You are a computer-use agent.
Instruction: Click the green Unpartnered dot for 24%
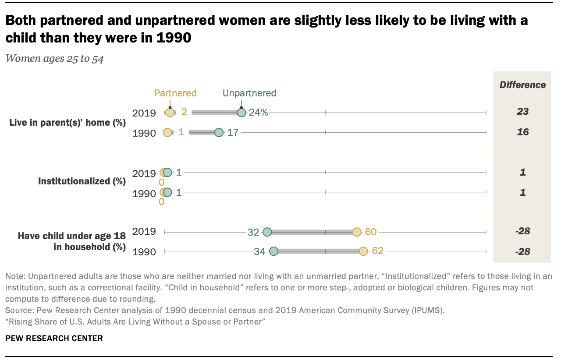tap(241, 113)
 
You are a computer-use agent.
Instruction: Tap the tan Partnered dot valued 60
tap(357, 232)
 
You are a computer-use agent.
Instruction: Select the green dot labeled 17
tap(219, 132)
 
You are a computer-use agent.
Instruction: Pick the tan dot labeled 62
tap(363, 251)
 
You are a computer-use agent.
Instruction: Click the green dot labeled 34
tap(273, 251)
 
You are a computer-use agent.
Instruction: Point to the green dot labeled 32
tap(267, 232)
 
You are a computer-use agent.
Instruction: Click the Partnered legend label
tap(175, 93)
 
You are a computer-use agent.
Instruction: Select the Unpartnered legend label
tap(249, 93)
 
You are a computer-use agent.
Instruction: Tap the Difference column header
tap(522, 85)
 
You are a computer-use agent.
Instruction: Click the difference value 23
tap(522, 112)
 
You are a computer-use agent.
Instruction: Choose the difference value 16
tap(522, 132)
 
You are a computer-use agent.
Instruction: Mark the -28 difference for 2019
tap(522, 231)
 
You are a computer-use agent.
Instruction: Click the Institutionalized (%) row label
tap(82, 181)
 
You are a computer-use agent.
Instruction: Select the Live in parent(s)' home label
tap(67, 123)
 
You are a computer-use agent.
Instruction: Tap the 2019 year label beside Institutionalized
tap(144, 173)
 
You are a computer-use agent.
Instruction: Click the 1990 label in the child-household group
tap(144, 252)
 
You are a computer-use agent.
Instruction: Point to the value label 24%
tap(258, 113)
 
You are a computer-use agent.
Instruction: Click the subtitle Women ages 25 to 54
tap(54, 59)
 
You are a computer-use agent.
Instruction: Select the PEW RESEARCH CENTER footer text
tap(54, 338)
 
